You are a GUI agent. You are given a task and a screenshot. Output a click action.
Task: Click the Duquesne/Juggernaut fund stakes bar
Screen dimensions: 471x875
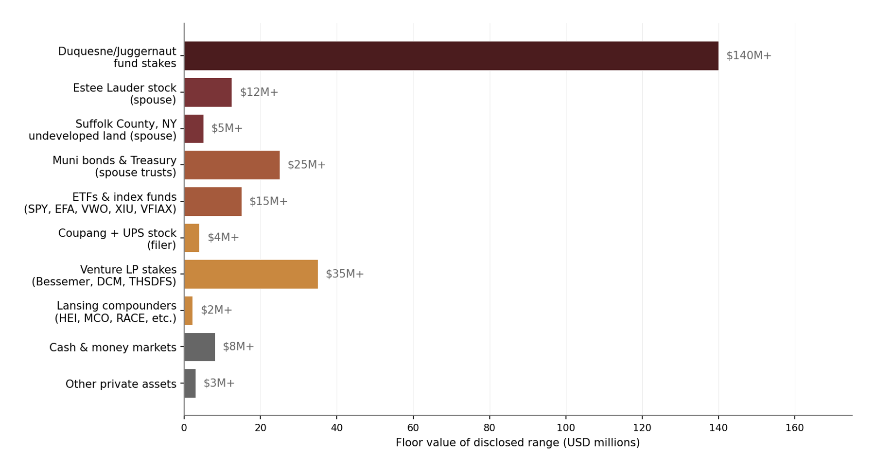point(451,56)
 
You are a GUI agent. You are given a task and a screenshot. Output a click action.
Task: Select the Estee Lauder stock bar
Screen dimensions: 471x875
point(208,92)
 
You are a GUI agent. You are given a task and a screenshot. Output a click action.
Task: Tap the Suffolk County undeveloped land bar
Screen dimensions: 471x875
point(193,129)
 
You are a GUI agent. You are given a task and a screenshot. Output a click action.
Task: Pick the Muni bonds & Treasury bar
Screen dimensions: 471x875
point(231,165)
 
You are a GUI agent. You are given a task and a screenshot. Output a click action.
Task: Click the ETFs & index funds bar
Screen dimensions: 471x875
point(212,201)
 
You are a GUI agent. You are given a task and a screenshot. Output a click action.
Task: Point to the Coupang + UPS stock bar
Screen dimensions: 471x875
point(192,238)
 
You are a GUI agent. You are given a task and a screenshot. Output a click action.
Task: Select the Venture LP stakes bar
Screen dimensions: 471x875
point(250,274)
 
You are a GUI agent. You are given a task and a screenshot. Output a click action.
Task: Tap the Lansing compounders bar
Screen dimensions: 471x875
point(188,311)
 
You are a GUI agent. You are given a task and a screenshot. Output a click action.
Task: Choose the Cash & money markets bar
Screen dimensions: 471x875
point(199,347)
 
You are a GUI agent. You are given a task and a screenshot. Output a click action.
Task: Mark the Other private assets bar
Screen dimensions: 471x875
point(190,384)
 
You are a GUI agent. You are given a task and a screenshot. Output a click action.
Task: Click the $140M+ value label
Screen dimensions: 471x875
point(749,56)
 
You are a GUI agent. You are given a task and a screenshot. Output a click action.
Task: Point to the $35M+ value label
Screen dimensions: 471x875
point(345,274)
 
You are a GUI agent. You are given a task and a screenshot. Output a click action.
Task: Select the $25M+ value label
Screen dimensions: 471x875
point(307,165)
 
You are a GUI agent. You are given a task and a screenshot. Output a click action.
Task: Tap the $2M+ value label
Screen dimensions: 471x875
point(216,310)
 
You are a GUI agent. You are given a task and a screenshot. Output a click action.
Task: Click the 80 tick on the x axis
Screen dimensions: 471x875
point(490,428)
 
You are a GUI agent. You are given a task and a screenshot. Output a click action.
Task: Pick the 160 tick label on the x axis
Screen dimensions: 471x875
point(795,428)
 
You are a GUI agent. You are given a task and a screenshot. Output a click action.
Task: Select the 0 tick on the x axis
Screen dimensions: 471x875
point(184,428)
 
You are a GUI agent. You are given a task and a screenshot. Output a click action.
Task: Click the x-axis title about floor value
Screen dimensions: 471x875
point(518,443)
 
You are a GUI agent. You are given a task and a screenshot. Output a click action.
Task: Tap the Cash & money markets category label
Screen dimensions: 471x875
point(113,348)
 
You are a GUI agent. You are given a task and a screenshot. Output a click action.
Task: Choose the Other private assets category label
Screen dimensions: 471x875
point(121,384)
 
